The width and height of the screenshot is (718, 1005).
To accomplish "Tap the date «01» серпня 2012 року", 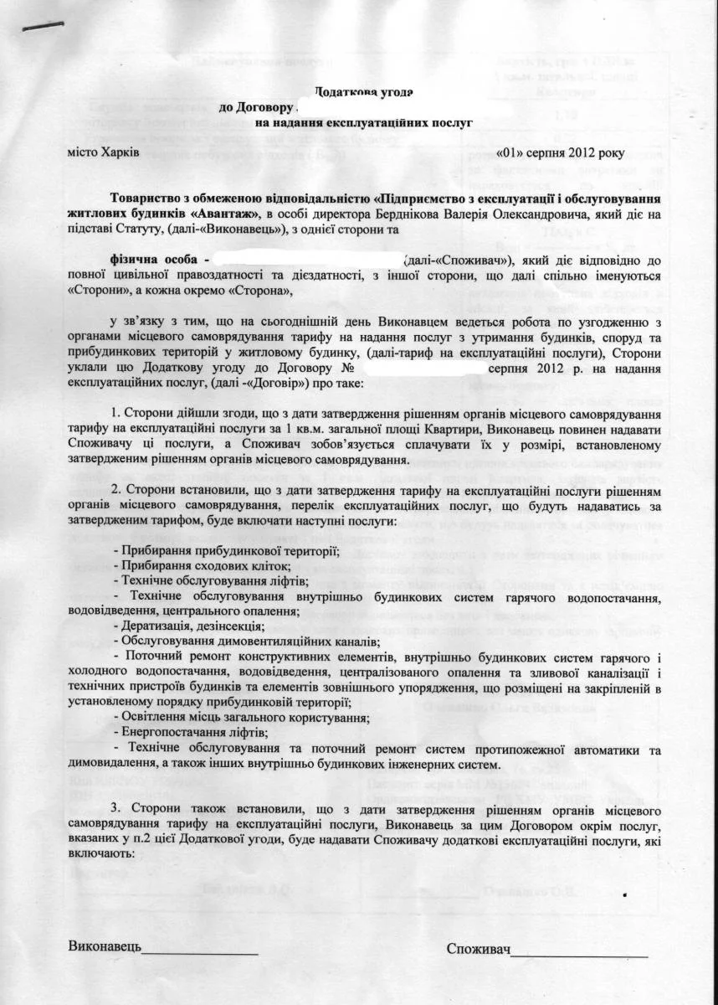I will [x=572, y=154].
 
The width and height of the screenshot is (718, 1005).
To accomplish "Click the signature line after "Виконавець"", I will [x=200, y=952].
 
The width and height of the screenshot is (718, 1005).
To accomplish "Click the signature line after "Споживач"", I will [x=579, y=952].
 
